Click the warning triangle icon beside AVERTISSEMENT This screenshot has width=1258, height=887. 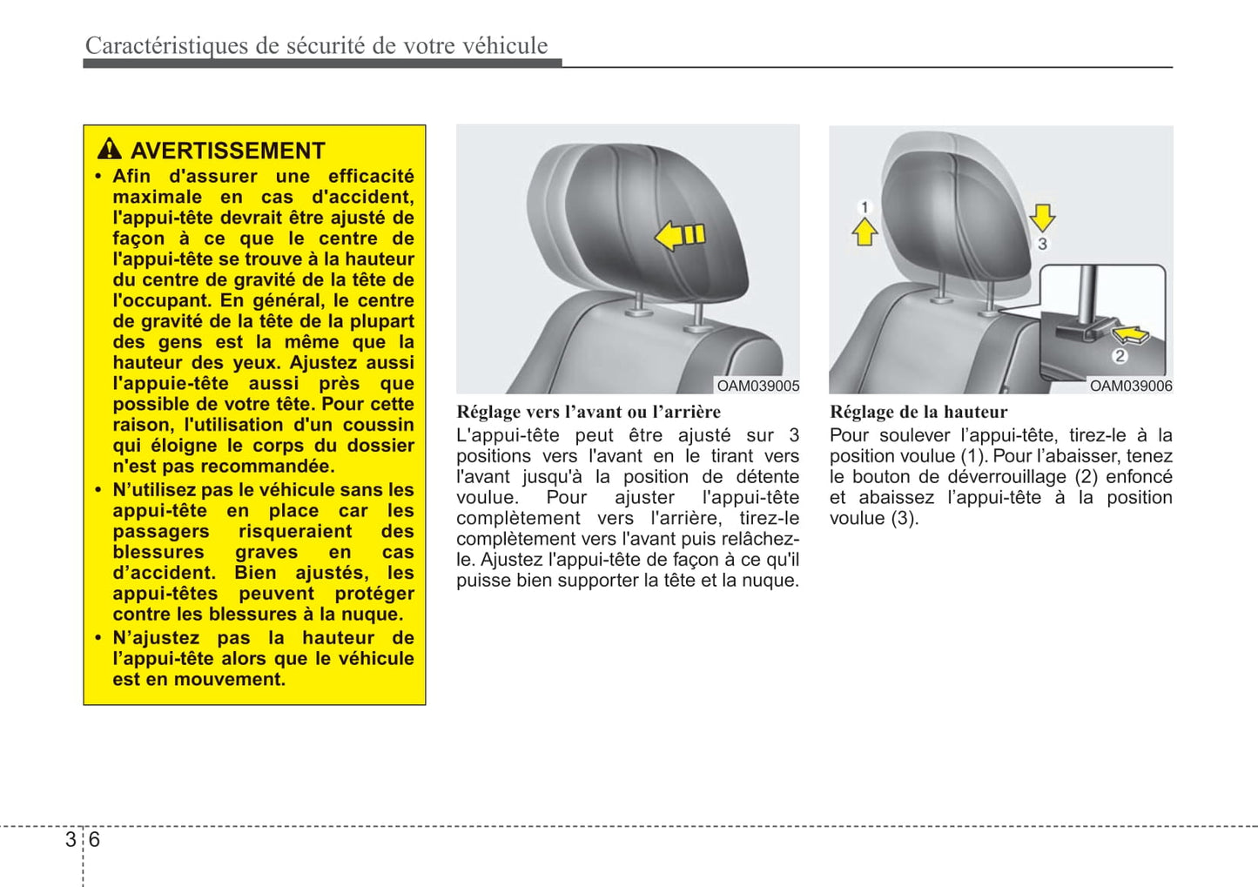tap(110, 149)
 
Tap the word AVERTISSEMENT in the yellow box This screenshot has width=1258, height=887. tap(227, 151)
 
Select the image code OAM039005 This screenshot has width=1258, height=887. tap(757, 386)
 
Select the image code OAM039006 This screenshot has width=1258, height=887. tap(1130, 386)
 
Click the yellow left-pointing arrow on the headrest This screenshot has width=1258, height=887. tap(679, 235)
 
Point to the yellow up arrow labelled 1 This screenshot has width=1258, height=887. tap(864, 232)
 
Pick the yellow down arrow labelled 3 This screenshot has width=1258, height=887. tap(1042, 217)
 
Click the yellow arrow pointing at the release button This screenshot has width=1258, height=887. tap(1130, 334)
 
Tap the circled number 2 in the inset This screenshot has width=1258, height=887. tap(1120, 355)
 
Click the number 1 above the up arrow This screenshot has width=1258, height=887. tap(864, 207)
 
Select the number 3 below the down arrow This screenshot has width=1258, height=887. tap(1042, 244)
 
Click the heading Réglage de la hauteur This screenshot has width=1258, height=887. tap(918, 412)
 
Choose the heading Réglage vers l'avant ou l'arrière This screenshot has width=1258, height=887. tap(589, 412)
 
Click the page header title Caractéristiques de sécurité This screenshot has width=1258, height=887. tap(316, 45)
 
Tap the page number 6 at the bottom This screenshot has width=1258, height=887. tap(95, 839)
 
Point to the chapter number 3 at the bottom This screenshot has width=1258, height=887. tap(71, 839)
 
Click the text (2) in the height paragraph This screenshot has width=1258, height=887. tap(1086, 476)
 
